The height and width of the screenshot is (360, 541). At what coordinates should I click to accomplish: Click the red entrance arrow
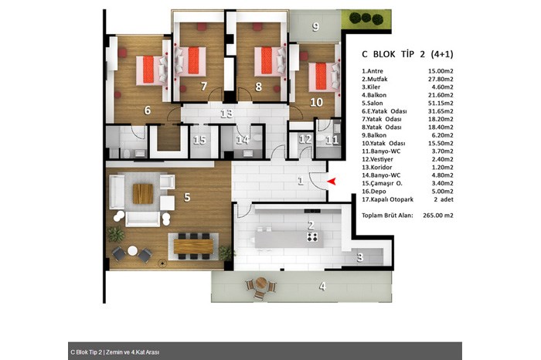click(x=332, y=181)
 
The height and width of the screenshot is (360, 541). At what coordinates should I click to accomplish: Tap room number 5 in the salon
click(x=187, y=197)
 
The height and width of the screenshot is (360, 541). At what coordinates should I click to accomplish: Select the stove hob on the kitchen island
click(x=312, y=236)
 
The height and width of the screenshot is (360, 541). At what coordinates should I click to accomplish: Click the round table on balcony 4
click(x=261, y=284)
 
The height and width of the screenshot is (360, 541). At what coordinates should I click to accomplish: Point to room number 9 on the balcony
click(x=315, y=26)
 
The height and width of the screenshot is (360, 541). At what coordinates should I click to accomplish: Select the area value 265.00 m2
click(x=438, y=216)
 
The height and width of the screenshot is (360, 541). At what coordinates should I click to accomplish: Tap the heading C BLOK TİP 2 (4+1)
click(x=407, y=54)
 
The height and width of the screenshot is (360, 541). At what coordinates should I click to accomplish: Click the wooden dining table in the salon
click(x=193, y=246)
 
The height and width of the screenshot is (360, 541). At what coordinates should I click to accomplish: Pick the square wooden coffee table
click(x=143, y=193)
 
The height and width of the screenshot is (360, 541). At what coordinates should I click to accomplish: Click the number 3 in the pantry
click(x=360, y=257)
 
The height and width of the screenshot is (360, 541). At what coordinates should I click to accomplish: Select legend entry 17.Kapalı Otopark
click(x=387, y=199)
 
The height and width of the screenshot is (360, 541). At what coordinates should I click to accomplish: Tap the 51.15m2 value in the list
click(x=441, y=103)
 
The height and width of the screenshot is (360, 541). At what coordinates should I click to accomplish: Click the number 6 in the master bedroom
click(x=148, y=110)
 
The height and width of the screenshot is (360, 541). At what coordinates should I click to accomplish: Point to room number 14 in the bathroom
click(x=243, y=140)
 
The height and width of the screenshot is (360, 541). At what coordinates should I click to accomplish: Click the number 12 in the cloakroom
click(x=305, y=139)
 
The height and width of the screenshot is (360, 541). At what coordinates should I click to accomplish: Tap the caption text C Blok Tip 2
click(x=87, y=352)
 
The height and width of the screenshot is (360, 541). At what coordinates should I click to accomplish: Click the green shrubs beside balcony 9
click(x=366, y=18)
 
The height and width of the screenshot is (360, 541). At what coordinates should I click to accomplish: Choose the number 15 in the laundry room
click(x=199, y=140)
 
